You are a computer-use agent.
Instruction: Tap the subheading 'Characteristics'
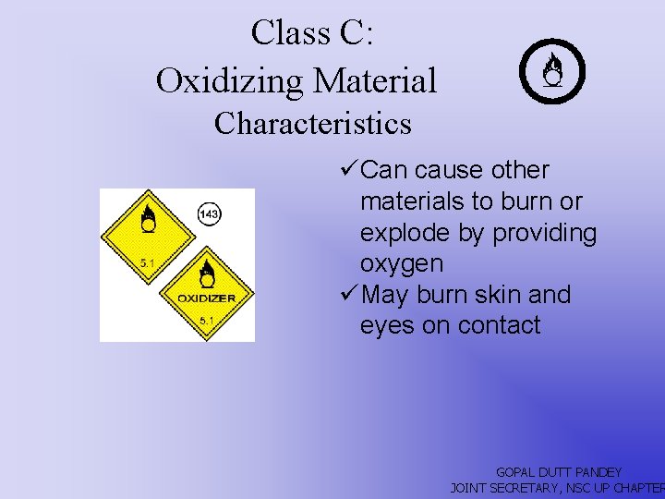(312, 123)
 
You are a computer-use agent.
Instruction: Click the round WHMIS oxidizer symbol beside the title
(552, 73)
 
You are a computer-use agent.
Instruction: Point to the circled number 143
(209, 214)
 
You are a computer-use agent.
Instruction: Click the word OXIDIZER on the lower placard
(206, 298)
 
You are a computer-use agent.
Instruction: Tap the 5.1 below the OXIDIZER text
(206, 321)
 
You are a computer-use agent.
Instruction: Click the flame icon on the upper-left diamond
(147, 218)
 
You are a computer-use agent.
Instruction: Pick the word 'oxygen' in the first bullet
(402, 264)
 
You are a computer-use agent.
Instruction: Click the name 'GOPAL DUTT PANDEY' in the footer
(559, 472)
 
